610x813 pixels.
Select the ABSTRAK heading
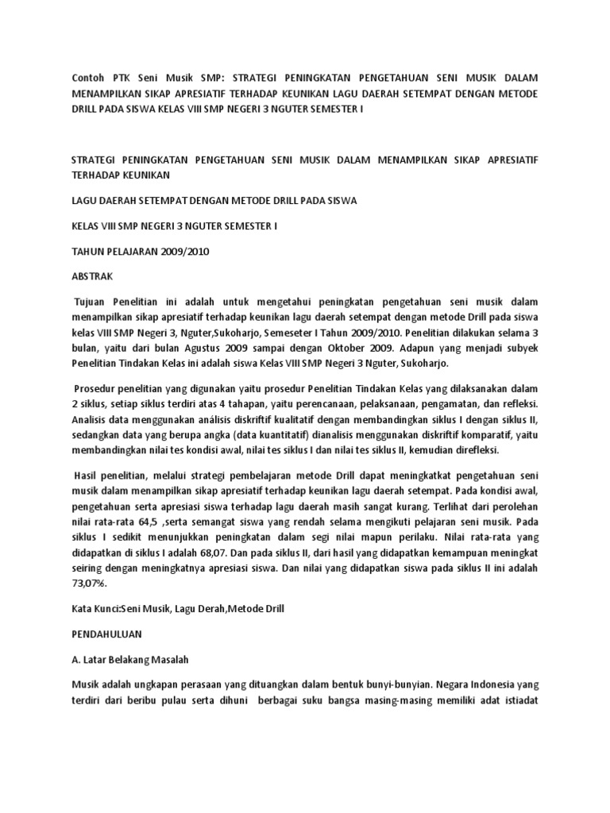(93, 277)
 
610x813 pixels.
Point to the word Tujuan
(92, 303)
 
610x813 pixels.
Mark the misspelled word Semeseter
(312, 333)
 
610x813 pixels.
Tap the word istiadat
(517, 701)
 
